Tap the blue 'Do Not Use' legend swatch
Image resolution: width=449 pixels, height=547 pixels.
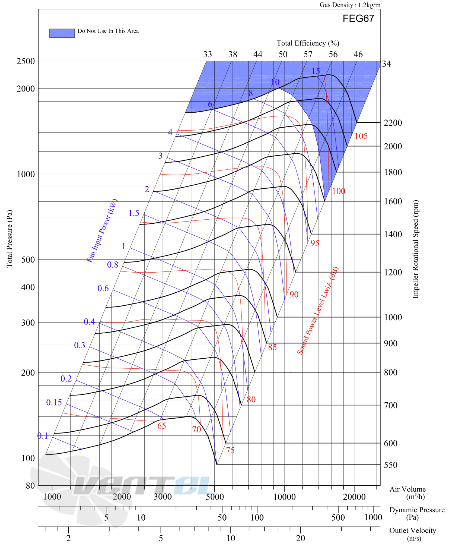click(x=62, y=33)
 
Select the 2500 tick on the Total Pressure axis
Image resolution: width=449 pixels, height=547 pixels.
click(x=26, y=61)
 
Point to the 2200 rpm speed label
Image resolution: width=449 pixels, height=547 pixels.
click(x=392, y=123)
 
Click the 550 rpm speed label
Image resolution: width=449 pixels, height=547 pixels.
click(x=390, y=465)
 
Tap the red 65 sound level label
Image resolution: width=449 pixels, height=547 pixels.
click(x=161, y=426)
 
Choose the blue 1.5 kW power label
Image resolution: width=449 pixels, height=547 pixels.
click(x=134, y=213)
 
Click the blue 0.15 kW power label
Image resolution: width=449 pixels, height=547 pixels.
click(x=54, y=402)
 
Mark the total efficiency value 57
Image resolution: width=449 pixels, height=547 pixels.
click(x=308, y=54)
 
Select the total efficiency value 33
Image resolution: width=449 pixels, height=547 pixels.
click(x=207, y=54)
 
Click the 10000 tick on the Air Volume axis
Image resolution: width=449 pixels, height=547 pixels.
click(x=284, y=497)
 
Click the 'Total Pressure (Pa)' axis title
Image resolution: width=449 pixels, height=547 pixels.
click(x=9, y=239)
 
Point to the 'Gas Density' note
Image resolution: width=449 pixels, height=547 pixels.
click(x=350, y=5)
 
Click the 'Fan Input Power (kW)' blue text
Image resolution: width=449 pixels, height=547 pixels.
click(x=102, y=230)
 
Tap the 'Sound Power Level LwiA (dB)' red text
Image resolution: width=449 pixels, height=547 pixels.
click(x=317, y=311)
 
